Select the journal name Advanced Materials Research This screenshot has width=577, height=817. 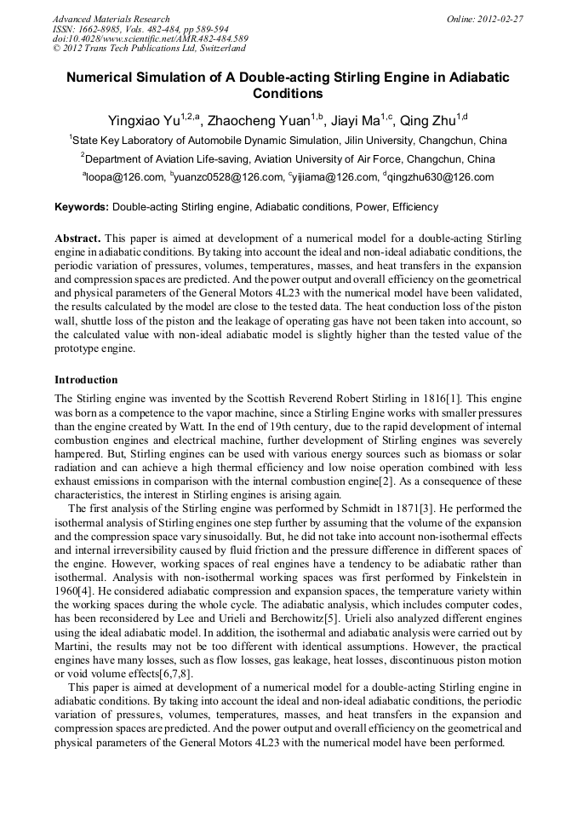click(x=111, y=19)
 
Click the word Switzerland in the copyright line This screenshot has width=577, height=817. click(x=209, y=49)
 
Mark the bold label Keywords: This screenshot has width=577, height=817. click(x=82, y=207)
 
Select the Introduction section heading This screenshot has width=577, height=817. click(x=86, y=380)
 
